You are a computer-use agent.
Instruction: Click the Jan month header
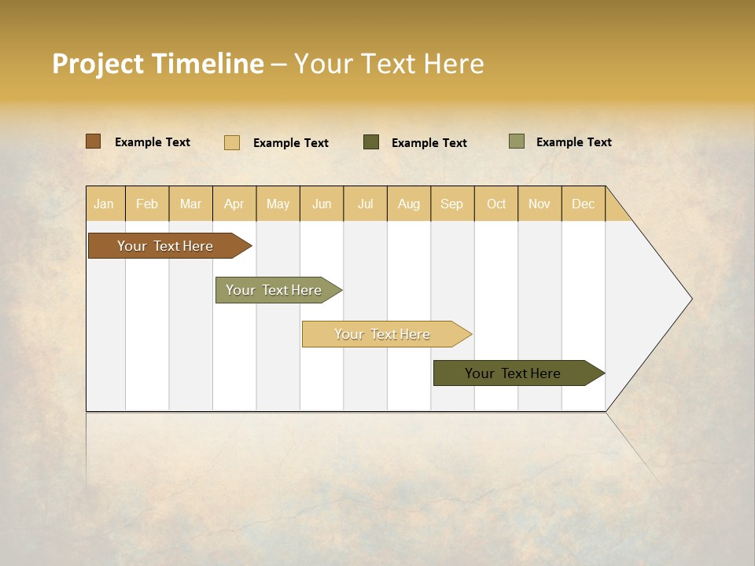click(x=104, y=204)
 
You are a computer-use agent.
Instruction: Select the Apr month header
click(x=234, y=204)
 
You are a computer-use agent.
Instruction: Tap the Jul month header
click(x=365, y=204)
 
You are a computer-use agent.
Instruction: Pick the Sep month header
click(x=451, y=204)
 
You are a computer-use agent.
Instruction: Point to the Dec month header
click(x=583, y=204)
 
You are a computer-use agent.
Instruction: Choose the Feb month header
click(x=147, y=204)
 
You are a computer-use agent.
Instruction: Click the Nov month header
click(x=539, y=204)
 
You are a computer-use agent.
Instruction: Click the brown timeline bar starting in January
click(x=165, y=246)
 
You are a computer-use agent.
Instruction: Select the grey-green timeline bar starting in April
click(x=274, y=290)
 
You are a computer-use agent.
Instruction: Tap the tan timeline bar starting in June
click(x=382, y=334)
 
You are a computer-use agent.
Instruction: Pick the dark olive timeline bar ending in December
click(x=513, y=373)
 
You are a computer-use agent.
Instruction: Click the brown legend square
click(x=93, y=141)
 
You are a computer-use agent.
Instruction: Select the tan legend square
click(x=231, y=142)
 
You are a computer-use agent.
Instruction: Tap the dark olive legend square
click(x=371, y=141)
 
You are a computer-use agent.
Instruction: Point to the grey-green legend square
click(x=517, y=141)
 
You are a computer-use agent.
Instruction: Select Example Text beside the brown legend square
click(x=153, y=142)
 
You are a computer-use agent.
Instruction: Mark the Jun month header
click(x=322, y=204)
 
